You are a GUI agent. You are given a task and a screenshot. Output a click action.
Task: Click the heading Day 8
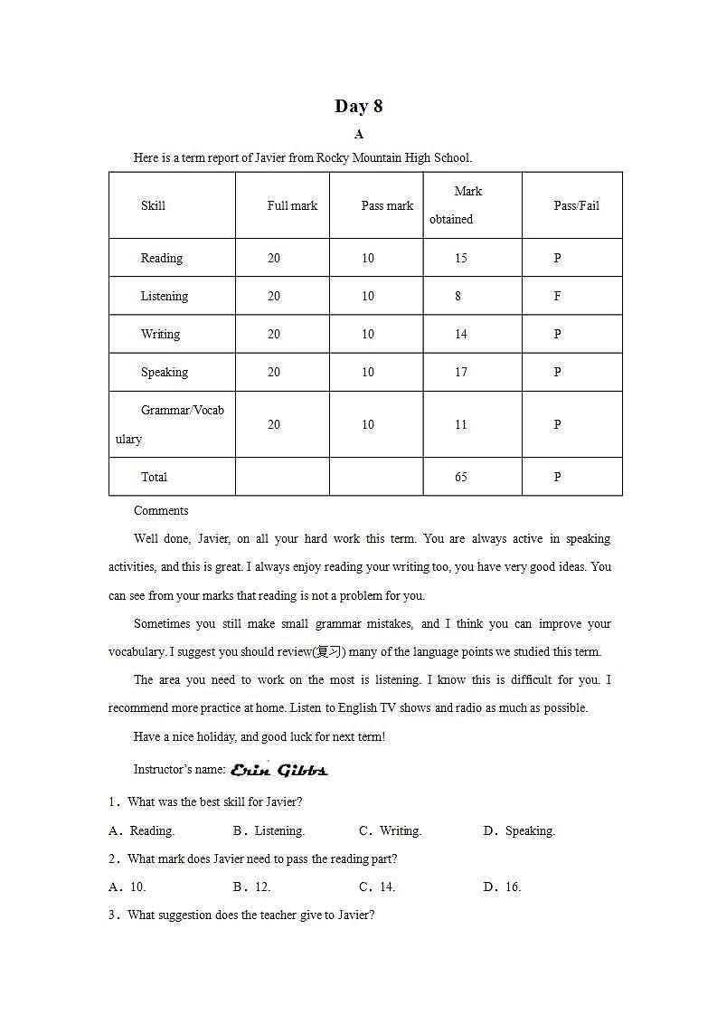click(x=358, y=106)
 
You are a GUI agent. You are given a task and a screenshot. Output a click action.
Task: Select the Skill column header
click(x=153, y=205)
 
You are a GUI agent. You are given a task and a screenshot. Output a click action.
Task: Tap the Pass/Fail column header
click(x=576, y=205)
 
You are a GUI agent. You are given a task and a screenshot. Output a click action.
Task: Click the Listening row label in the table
click(x=164, y=296)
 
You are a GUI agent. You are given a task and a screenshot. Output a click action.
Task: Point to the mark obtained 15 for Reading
click(x=461, y=258)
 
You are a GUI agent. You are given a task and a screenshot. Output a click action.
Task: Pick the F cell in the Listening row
click(x=557, y=296)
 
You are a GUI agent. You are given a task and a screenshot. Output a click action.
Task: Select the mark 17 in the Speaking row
click(x=461, y=372)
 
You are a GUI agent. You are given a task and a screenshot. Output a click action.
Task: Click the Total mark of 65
click(x=461, y=477)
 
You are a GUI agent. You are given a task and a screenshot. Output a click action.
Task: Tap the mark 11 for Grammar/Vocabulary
click(x=461, y=424)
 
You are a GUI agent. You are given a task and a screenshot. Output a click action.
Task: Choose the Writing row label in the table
click(x=160, y=334)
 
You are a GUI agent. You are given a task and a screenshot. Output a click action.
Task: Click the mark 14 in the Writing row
click(x=461, y=334)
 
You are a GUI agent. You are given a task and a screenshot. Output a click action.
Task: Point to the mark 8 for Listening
click(x=458, y=296)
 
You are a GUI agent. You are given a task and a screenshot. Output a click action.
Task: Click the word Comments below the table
click(x=161, y=510)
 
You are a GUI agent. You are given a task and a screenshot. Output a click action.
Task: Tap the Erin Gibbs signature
click(x=278, y=770)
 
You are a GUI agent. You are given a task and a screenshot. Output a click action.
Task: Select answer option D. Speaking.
click(x=520, y=830)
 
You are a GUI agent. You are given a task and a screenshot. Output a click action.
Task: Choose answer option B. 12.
click(x=252, y=887)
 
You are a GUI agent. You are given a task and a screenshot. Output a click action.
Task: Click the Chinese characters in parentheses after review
click(x=330, y=652)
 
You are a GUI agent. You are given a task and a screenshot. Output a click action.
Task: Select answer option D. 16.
click(x=503, y=887)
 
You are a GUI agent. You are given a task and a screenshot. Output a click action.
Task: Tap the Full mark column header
click(x=292, y=205)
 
